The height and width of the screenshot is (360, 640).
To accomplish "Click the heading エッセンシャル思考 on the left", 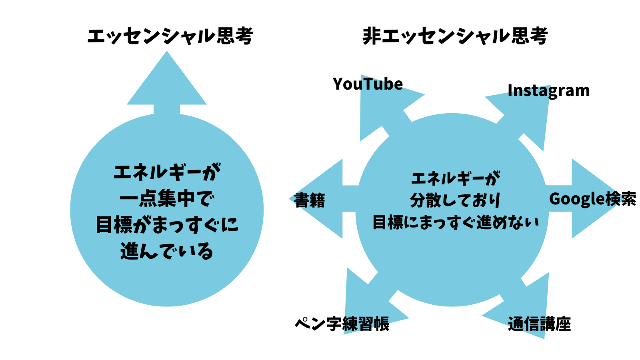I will point(170,36).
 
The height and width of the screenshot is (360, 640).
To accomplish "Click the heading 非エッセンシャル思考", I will point(455,36).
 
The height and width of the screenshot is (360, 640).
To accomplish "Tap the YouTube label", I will point(368,84).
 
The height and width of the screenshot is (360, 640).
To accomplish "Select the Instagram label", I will point(548,91).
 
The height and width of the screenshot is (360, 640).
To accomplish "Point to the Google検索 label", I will point(592,199).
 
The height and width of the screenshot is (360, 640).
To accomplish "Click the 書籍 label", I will point(310,200).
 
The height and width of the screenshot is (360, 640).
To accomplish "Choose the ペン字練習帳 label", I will point(342,324).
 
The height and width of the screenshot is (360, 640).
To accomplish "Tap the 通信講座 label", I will point(539,324).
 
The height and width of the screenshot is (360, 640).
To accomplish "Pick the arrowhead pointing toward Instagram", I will point(528,116).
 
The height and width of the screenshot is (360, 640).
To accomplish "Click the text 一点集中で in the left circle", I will point(167,198).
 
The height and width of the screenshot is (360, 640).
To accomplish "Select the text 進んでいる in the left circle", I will point(167,251).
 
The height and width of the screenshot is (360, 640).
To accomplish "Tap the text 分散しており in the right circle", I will point(455,200).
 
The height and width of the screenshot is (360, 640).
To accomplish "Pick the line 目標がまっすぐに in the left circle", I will point(167,225).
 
